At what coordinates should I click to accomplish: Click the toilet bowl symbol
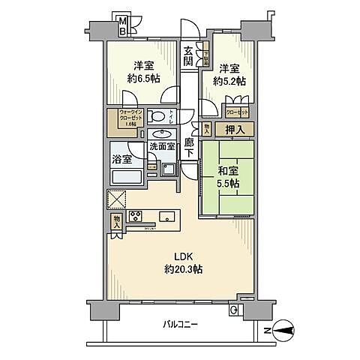click(x=158, y=116)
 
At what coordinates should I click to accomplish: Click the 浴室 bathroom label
click(x=122, y=159)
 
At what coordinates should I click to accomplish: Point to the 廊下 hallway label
click(x=190, y=148)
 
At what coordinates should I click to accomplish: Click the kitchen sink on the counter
click(x=167, y=217)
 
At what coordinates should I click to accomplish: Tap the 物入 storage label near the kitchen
click(x=117, y=223)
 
